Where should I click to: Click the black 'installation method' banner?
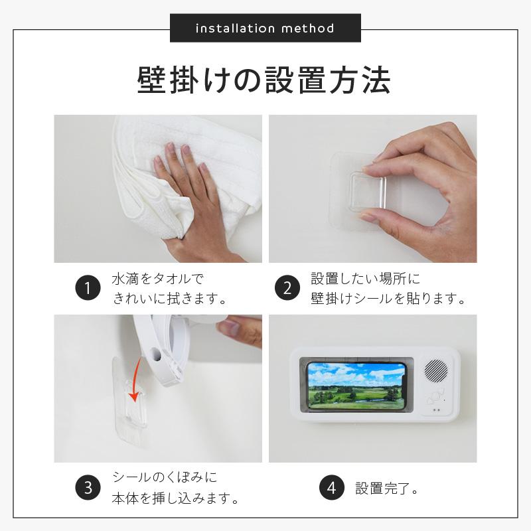tap(265, 29)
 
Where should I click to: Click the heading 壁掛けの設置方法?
tap(264, 80)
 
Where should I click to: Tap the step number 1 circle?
tap(86, 289)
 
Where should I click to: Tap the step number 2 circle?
tap(287, 289)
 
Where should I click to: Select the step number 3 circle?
tap(86, 488)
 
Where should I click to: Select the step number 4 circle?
tap(331, 489)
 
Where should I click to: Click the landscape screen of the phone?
tap(355, 386)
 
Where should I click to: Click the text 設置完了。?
tap(386, 489)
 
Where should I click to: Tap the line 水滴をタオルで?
tap(158, 279)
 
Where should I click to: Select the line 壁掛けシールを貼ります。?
tap(387, 299)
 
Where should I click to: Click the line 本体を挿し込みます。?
tap(175, 498)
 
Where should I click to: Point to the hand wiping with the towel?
tap(189, 199)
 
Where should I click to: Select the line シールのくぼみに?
tap(165, 478)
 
